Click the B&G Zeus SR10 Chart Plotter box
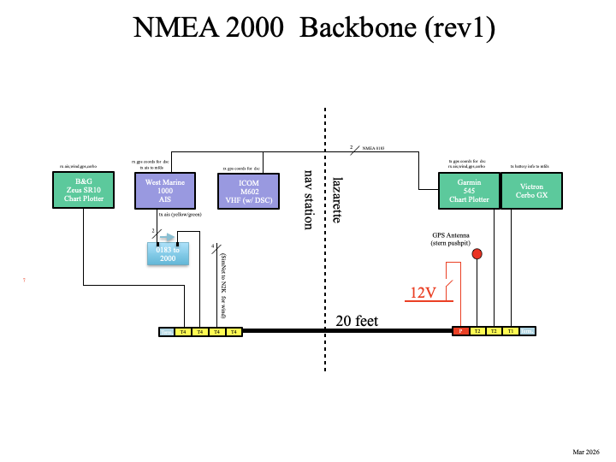pos(84,190)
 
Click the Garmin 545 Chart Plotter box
pos(467,190)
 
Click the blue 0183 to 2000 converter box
pos(169,254)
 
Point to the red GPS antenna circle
pos(477,254)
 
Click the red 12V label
pos(422,293)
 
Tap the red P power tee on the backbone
pos(460,331)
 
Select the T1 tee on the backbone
pos(511,331)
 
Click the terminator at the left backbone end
pos(167,331)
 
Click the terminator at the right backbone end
pos(528,331)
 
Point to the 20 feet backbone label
pos(357,322)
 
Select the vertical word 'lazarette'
pos(339,199)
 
